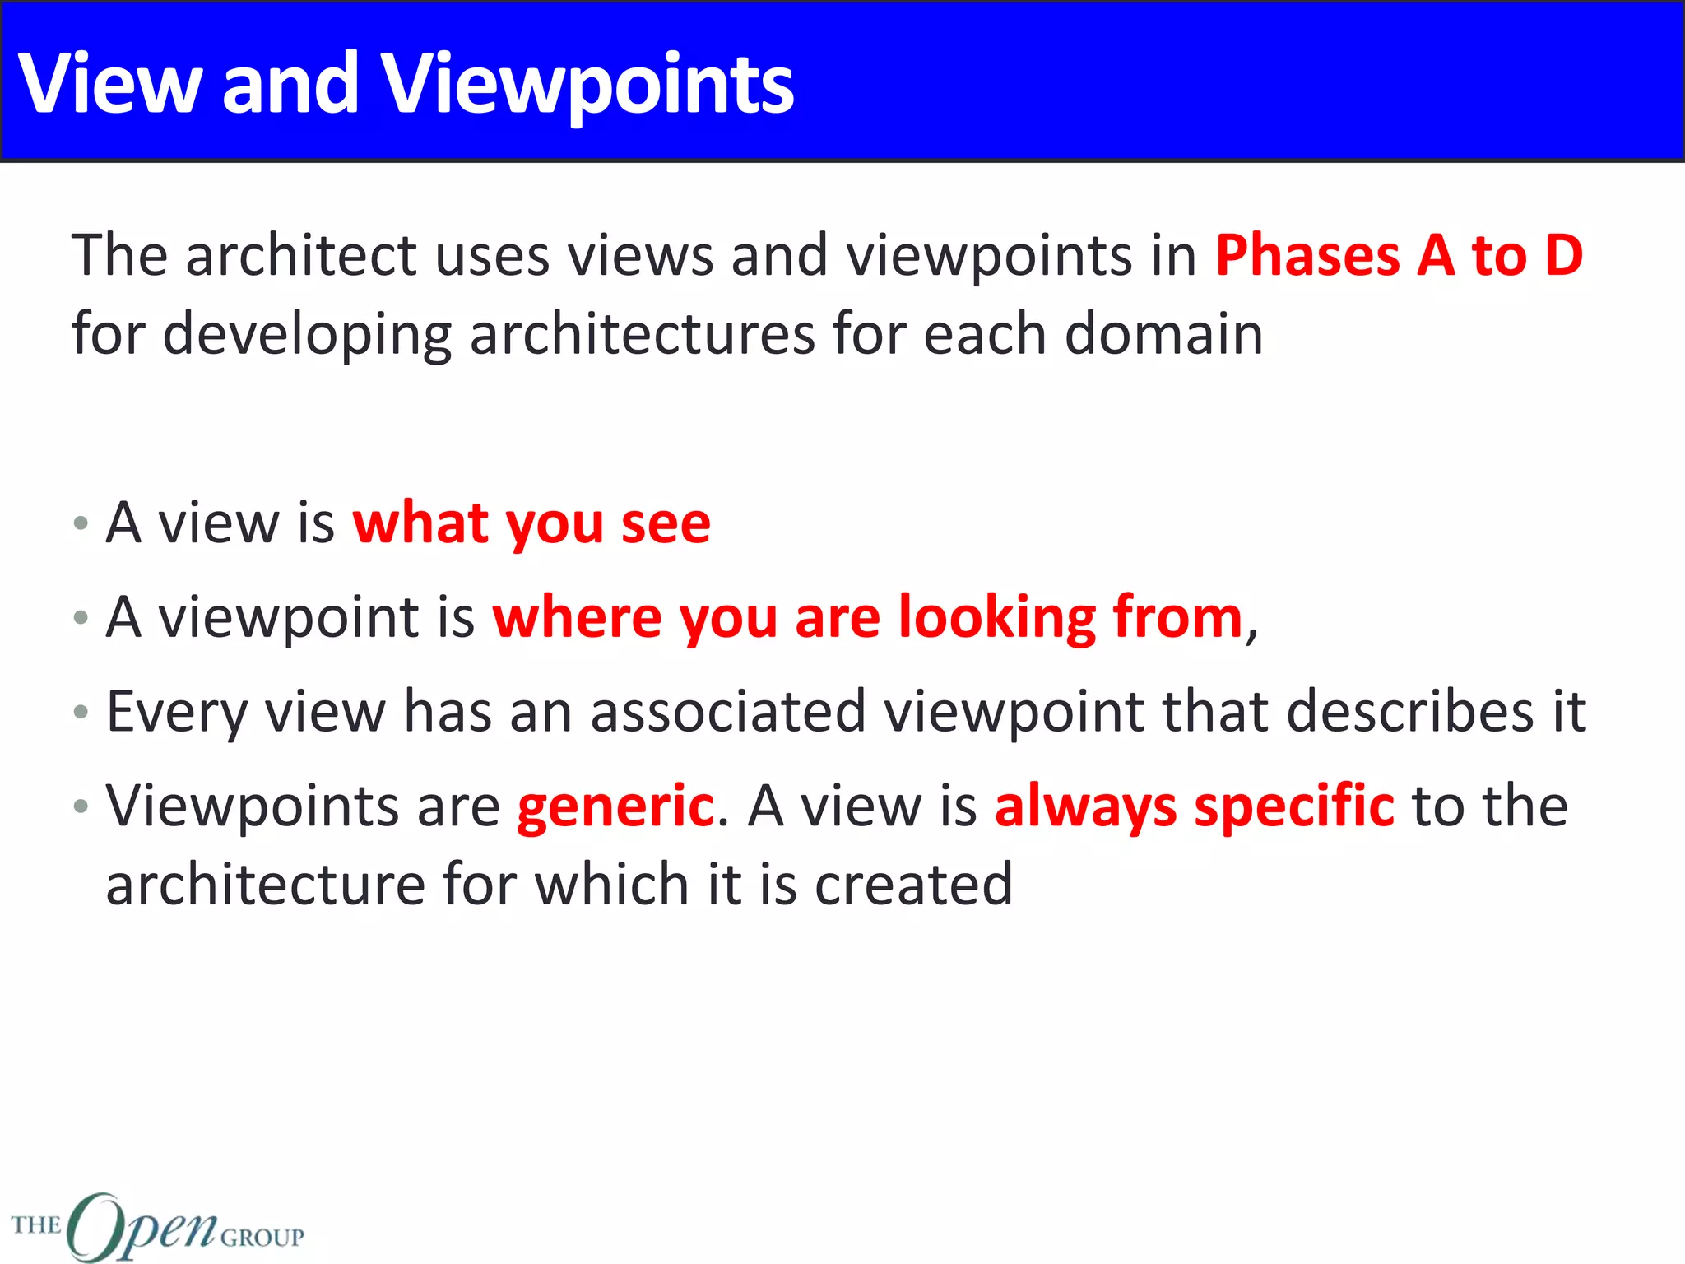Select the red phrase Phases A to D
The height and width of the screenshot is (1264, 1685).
point(1399,255)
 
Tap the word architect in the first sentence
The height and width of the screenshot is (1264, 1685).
point(302,255)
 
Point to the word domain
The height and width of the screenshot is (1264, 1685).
point(1163,334)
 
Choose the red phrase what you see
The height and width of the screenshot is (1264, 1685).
point(531,523)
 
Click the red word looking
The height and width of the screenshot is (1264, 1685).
point(996,617)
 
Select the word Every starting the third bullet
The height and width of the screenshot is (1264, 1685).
point(176,712)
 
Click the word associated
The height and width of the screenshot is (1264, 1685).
point(728,712)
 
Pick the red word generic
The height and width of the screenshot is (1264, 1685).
point(615,806)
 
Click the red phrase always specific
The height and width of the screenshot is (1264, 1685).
point(1194,806)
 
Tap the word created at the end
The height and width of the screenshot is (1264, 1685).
point(913,885)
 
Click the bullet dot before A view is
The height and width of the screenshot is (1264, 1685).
point(81,523)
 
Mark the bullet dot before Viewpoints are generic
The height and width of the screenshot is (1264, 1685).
point(81,806)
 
